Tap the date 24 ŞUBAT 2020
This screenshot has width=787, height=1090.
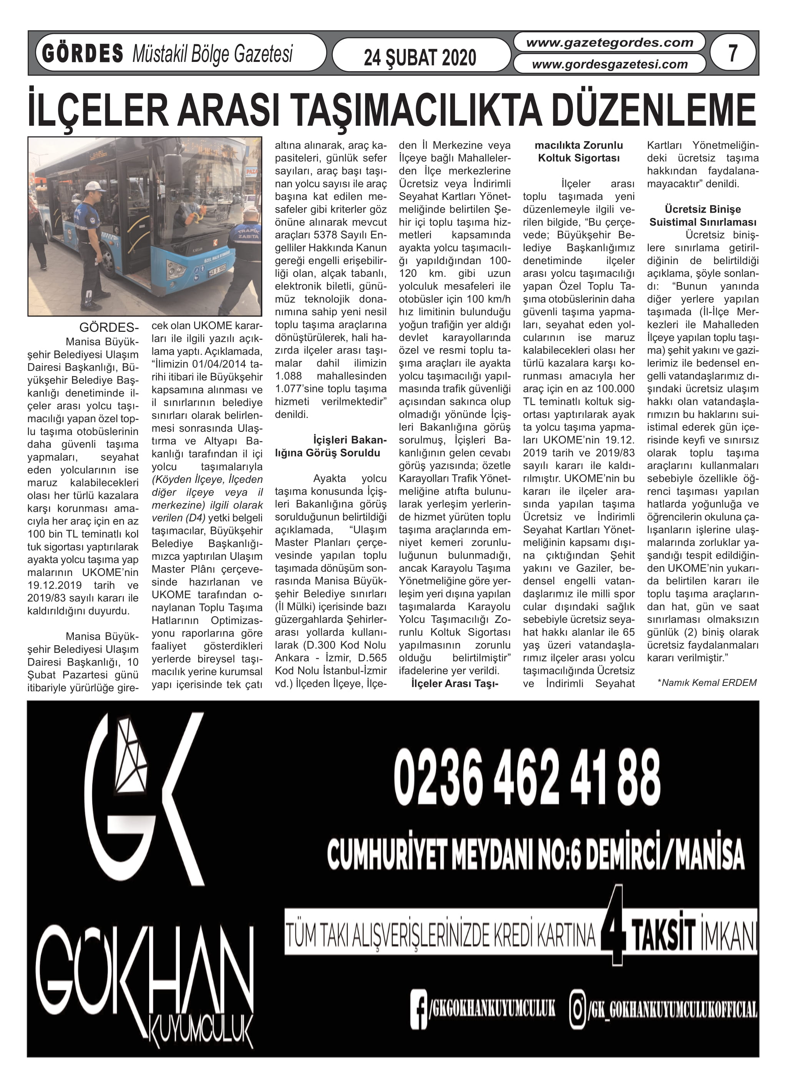click(x=420, y=58)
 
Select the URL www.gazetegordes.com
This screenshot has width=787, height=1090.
click(x=610, y=42)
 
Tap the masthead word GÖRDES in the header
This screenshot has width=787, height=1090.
click(x=82, y=53)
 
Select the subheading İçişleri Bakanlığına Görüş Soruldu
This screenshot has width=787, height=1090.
click(x=330, y=446)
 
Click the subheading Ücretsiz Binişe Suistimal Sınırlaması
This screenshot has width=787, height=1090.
click(x=702, y=215)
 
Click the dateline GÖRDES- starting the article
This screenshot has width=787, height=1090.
click(x=109, y=328)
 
